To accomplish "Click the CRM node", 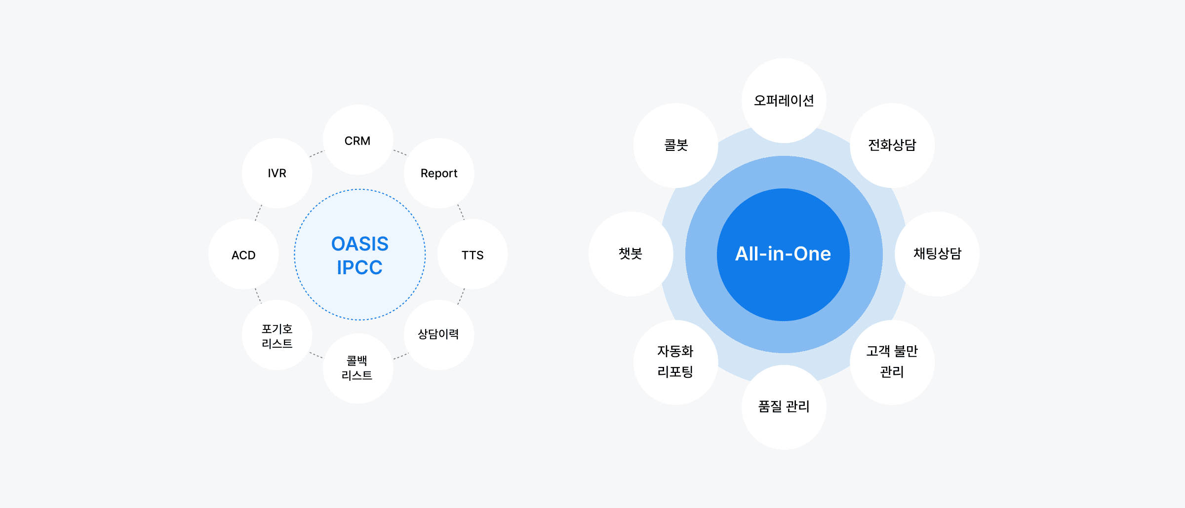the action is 358,140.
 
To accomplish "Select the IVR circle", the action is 277,173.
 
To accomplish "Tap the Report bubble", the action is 439,173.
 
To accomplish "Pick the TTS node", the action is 473,254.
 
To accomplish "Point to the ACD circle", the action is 243,254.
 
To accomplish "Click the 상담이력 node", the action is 439,335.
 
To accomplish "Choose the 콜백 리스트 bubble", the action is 358,368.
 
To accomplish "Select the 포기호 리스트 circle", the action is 277,335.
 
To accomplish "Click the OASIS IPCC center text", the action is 360,255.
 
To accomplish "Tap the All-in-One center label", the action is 783,254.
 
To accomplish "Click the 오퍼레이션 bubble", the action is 784,101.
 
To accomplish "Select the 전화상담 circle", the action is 892,145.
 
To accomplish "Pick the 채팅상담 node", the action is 937,254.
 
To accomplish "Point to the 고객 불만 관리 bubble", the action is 892,363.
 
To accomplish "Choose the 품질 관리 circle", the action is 784,407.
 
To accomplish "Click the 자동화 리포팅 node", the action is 676,363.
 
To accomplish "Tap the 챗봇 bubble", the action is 631,254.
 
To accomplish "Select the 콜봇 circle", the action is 676,145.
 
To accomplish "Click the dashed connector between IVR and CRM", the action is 316,154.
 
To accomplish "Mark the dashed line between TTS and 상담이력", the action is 461,296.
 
